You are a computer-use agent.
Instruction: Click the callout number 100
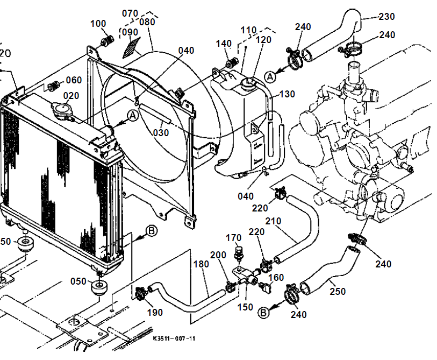[98, 24]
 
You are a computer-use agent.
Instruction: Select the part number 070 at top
[130, 13]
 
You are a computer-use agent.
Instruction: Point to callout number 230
[386, 16]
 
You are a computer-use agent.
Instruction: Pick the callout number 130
[287, 94]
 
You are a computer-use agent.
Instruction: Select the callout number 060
[74, 81]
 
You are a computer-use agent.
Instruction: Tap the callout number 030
[160, 133]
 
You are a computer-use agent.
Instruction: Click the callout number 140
[224, 44]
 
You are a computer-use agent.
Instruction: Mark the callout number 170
[234, 237]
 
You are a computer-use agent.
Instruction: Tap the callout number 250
[338, 292]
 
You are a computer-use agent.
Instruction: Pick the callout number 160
[276, 278]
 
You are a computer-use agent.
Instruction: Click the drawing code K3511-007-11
[174, 338]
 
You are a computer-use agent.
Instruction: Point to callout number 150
[246, 307]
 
